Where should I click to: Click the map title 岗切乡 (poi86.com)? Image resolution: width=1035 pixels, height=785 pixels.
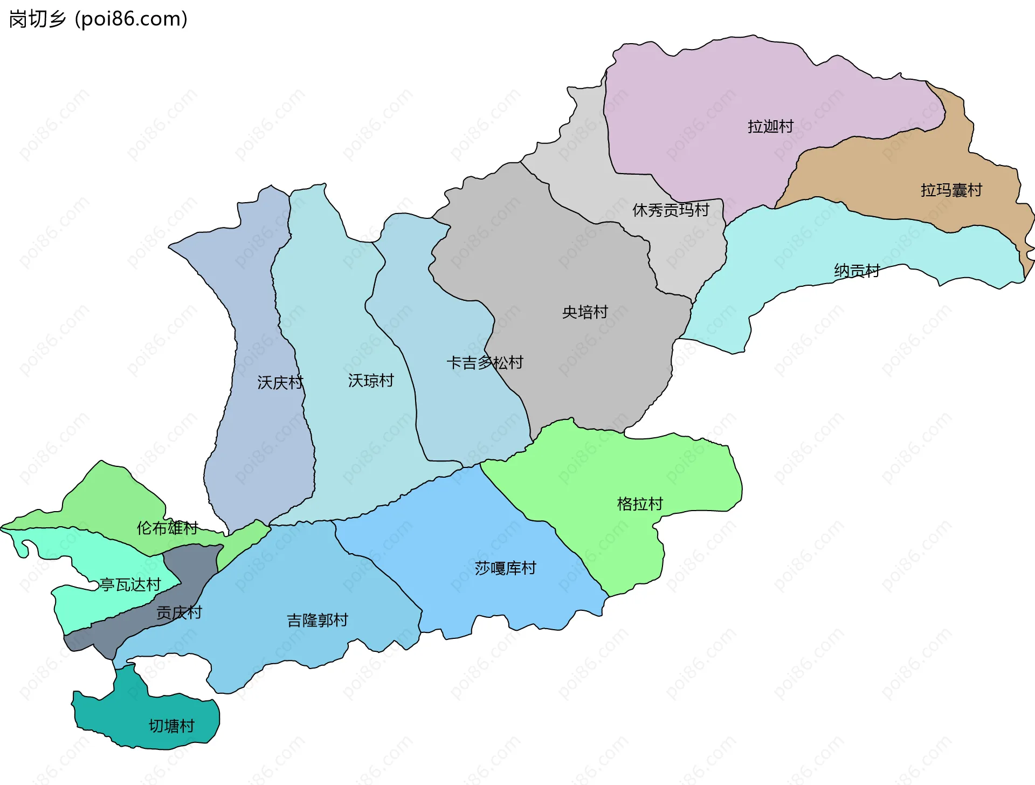point(98,19)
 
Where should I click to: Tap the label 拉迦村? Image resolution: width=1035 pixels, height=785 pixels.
point(770,127)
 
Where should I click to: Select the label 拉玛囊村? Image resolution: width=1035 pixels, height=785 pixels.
point(951,190)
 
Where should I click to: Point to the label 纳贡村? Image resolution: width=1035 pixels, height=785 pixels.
point(857,271)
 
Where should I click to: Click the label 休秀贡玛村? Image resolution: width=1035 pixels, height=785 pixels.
point(671,210)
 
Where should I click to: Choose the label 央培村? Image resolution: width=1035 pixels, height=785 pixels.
point(585,312)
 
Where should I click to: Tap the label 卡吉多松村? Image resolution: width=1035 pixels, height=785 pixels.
point(485,363)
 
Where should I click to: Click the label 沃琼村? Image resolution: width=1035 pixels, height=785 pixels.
point(371,381)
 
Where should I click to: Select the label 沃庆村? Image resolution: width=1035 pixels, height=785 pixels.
point(280,383)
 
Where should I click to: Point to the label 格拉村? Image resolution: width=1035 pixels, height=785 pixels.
point(640,504)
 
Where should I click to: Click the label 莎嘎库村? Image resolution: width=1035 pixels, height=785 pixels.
point(505,568)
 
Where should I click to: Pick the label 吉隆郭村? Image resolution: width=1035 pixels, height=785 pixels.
point(318,621)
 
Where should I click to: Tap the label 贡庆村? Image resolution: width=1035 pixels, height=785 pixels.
point(179,613)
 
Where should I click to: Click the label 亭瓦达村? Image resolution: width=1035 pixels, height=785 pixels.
point(130,585)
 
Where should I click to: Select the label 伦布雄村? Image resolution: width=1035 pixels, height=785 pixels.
point(167,528)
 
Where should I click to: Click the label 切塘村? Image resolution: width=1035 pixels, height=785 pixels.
point(171,726)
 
